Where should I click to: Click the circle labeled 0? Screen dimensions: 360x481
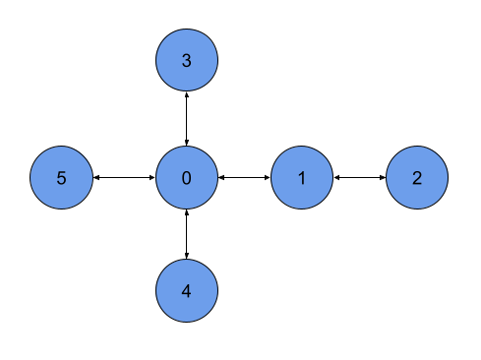click(x=187, y=178)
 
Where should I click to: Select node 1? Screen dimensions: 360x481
click(x=302, y=178)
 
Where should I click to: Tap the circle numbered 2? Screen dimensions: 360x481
click(x=417, y=178)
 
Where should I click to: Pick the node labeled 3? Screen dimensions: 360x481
click(x=187, y=61)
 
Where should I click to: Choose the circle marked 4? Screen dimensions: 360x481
click(x=187, y=291)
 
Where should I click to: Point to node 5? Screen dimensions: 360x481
click(x=61, y=178)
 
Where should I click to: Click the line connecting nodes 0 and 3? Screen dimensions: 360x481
click(x=187, y=119)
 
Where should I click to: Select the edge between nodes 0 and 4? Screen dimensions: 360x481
click(x=187, y=235)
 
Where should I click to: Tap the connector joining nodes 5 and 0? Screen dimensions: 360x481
click(x=124, y=178)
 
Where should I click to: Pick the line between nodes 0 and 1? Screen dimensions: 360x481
click(x=244, y=178)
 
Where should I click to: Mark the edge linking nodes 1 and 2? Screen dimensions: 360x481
click(x=359, y=178)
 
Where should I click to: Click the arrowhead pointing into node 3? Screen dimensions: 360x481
click(x=187, y=95)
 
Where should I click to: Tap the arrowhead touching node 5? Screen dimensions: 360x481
click(x=96, y=178)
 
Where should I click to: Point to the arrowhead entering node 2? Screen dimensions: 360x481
click(x=382, y=178)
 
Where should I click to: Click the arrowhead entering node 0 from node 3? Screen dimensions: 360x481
click(x=187, y=144)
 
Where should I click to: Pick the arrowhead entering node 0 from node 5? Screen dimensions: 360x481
click(x=152, y=178)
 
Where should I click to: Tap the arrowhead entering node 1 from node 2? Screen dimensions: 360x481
click(x=337, y=178)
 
